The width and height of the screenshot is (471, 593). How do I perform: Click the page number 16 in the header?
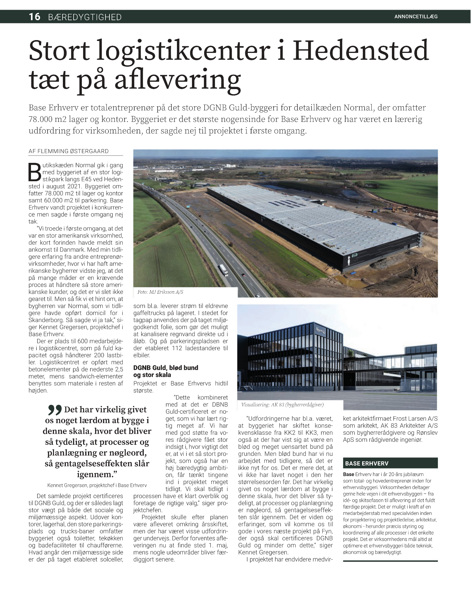[x=35, y=17]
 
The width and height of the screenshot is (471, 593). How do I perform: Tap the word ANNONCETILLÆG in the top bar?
[x=416, y=17]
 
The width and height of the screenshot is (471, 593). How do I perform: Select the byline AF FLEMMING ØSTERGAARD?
[x=68, y=151]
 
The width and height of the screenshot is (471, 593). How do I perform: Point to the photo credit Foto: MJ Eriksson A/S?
[x=160, y=292]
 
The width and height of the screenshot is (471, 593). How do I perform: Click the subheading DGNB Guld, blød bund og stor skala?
[x=166, y=371]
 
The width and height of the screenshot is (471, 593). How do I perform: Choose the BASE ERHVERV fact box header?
[x=367, y=464]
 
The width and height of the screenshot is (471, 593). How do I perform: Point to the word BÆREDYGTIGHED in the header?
[x=85, y=17]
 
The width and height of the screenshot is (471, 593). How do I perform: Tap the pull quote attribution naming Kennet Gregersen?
[x=97, y=485]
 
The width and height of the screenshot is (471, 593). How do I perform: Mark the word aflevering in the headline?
[x=177, y=79]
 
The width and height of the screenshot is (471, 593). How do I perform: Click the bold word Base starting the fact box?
[x=349, y=474]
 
